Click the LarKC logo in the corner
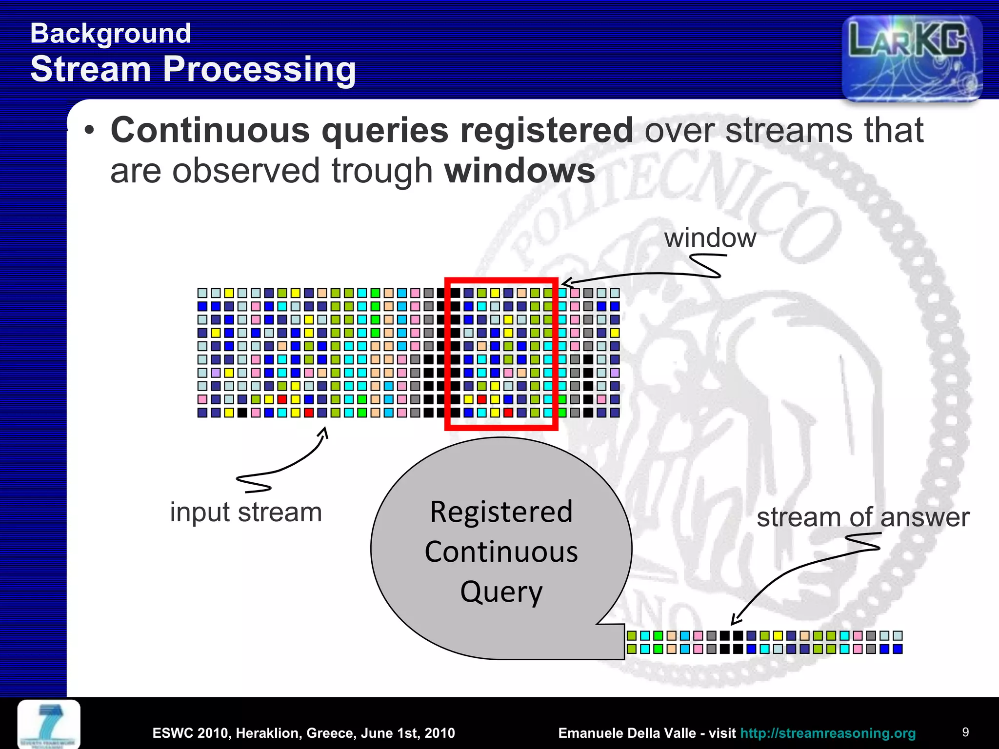(911, 58)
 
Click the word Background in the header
(111, 34)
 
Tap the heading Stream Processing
(193, 69)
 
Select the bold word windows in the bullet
(520, 171)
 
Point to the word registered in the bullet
(547, 131)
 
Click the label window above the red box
(710, 238)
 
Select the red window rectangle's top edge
(501, 280)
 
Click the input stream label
(246, 512)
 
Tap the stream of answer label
(862, 517)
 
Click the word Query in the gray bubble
(501, 591)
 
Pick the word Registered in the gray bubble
(501, 512)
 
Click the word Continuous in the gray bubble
(501, 552)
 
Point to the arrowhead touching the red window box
(565, 283)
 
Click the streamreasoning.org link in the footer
(828, 733)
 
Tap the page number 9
(965, 732)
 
